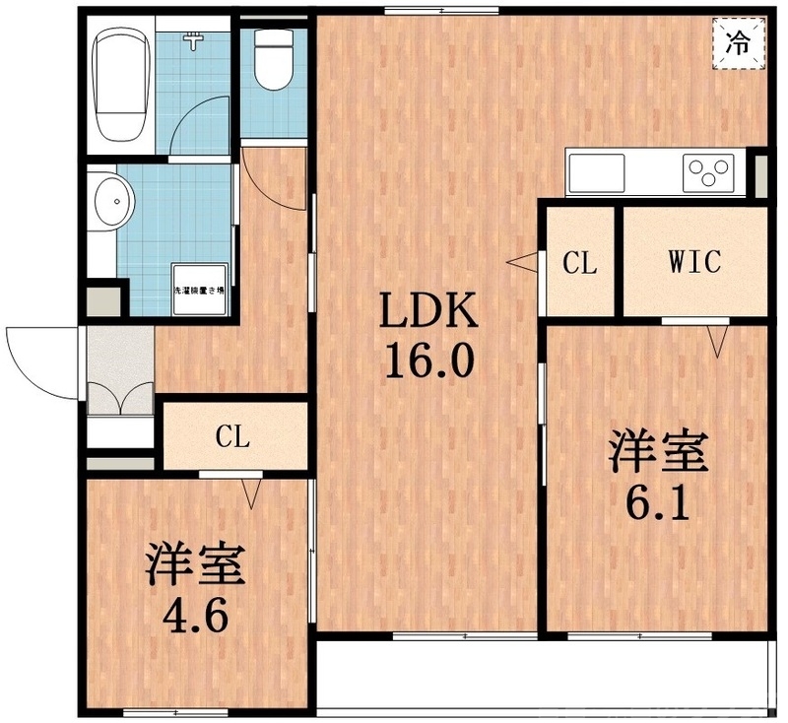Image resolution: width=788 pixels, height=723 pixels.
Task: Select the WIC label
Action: click(694, 262)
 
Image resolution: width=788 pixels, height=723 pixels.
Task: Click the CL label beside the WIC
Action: click(579, 263)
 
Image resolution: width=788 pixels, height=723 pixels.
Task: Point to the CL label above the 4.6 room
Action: click(233, 435)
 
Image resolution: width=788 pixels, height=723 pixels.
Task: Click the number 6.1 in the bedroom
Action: click(656, 504)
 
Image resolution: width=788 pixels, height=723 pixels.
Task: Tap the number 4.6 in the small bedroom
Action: click(197, 618)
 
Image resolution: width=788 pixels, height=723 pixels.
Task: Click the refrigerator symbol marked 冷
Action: click(737, 42)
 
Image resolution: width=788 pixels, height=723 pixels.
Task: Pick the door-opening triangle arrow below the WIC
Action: click(717, 341)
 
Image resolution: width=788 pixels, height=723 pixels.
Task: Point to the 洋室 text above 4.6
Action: click(197, 566)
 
